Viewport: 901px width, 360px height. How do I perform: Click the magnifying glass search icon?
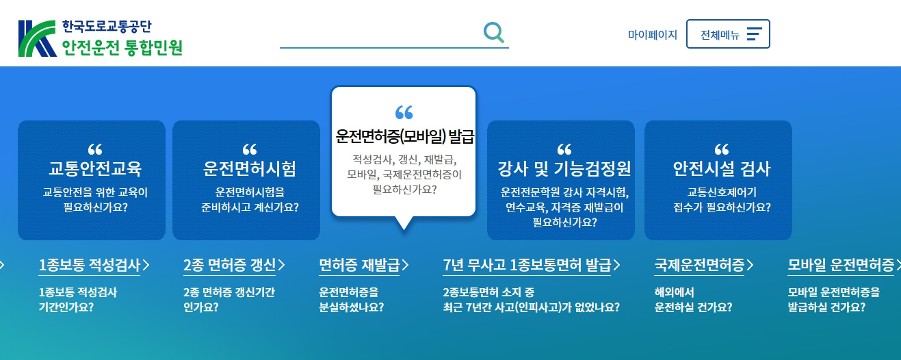(493, 32)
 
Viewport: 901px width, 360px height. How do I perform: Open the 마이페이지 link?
(652, 34)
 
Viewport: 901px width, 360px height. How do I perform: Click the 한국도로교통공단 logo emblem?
(37, 38)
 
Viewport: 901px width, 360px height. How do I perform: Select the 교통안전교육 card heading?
(94, 168)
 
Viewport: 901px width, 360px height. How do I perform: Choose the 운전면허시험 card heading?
(250, 168)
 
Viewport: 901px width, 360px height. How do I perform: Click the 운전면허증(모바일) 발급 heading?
(404, 137)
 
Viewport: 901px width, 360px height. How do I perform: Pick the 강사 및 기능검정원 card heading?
(564, 168)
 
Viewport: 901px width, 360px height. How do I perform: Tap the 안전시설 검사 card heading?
(721, 168)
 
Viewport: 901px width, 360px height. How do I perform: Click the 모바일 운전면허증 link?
(841, 265)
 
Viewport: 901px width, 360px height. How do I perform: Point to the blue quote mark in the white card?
(404, 113)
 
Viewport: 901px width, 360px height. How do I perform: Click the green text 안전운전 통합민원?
(122, 48)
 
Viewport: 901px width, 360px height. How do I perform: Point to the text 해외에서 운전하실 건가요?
(693, 300)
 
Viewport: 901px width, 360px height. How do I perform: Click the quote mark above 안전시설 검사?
(721, 149)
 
